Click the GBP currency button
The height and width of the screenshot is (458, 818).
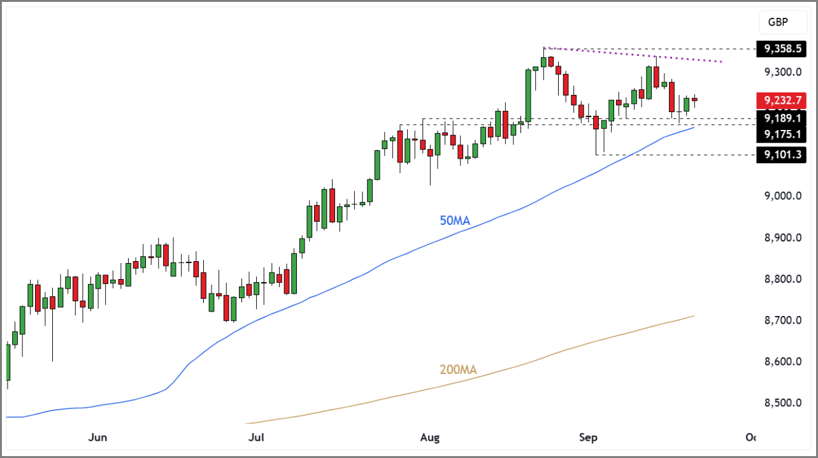777,22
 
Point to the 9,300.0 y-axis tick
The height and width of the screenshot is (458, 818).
783,72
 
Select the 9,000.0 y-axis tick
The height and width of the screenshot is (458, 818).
783,196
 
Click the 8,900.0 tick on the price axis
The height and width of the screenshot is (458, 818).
783,238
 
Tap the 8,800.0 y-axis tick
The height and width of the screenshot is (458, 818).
783,279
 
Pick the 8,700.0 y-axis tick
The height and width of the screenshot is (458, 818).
783,320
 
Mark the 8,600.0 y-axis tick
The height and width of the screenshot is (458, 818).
783,362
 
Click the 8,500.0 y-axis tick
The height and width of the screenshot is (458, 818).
783,403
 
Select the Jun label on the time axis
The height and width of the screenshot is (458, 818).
97,438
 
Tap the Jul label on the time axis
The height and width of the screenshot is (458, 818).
255,438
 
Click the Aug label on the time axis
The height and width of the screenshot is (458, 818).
431,438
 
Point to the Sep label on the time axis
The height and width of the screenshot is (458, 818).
588,438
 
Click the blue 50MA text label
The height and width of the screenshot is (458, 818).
454,221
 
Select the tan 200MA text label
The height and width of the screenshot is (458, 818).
457,369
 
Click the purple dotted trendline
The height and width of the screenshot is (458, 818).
637,55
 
